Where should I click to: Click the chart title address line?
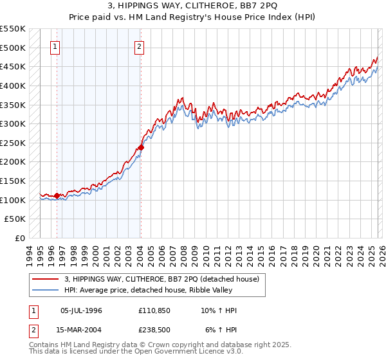tap(192, 6)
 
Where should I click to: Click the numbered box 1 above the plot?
tap(55, 46)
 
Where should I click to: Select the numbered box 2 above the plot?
tap(139, 46)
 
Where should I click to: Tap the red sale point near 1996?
tap(57, 195)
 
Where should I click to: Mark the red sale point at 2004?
tap(141, 147)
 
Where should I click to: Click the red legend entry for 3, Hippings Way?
tap(161, 279)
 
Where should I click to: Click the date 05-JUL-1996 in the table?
tap(81, 310)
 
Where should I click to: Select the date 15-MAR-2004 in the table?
tap(81, 329)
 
